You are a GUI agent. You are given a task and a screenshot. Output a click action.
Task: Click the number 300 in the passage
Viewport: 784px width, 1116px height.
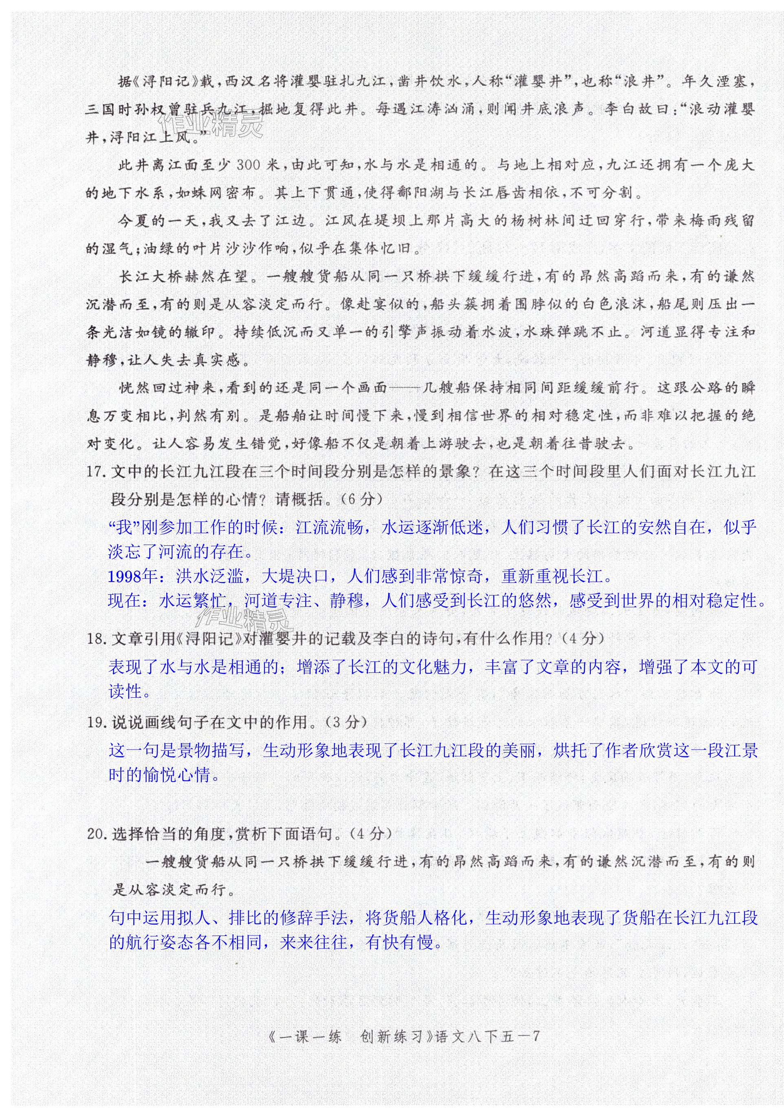point(250,165)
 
